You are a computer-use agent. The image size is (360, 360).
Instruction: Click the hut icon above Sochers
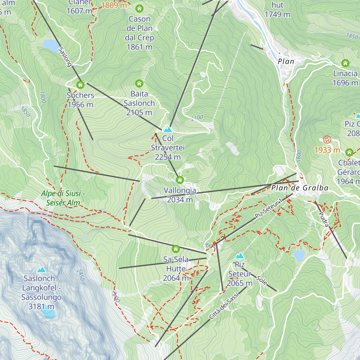pos(80,85)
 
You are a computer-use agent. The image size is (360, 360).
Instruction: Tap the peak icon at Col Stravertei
pos(168,130)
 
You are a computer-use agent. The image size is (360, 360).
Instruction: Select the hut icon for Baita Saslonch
pos(139,83)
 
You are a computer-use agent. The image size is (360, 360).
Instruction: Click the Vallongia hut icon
pos(180,180)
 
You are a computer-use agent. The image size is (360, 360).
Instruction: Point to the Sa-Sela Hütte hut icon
pos(176,249)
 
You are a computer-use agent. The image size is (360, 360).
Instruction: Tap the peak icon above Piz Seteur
pos(239,256)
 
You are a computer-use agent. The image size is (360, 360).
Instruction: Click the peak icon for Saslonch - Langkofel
pos(41,269)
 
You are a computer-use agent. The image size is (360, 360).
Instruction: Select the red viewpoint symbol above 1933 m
pos(327,139)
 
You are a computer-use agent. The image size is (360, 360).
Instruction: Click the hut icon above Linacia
pos(345,63)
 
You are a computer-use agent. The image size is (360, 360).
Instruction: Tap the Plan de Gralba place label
pos(300,188)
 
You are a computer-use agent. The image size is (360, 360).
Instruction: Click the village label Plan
pos(286,61)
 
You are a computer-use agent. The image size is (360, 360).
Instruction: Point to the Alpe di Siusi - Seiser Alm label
pos(63,198)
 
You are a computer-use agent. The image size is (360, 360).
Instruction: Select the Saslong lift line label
pos(65,57)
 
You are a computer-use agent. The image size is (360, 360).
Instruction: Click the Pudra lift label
pos(323,219)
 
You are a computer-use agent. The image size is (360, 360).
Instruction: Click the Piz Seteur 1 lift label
pos(269,208)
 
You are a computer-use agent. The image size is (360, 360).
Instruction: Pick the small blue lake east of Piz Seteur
pos(299,256)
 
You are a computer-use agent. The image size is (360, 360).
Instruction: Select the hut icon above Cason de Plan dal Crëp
pos(139,8)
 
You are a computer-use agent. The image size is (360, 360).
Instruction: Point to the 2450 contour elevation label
pos(80,275)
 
